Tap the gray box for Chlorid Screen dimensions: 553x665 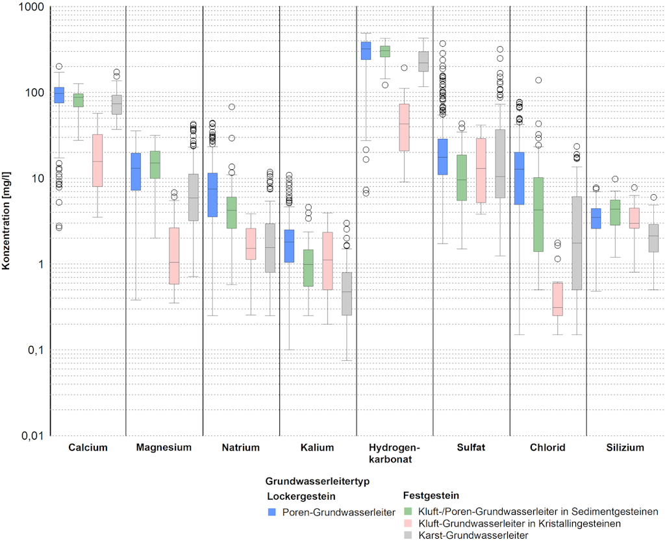point(576,243)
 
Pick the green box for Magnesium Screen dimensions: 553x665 point(155,165)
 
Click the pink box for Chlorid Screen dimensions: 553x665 point(557,299)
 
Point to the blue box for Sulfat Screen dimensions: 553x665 point(442,156)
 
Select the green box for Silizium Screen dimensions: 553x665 point(615,212)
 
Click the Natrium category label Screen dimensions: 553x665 point(240,447)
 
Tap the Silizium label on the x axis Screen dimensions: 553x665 point(625,447)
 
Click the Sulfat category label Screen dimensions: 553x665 point(470,447)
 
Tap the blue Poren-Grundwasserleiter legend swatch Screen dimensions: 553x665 point(272,512)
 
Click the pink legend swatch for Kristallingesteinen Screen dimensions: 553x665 point(408,523)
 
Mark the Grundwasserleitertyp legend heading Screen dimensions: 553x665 point(318,482)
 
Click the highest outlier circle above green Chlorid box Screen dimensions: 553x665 point(538,80)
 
